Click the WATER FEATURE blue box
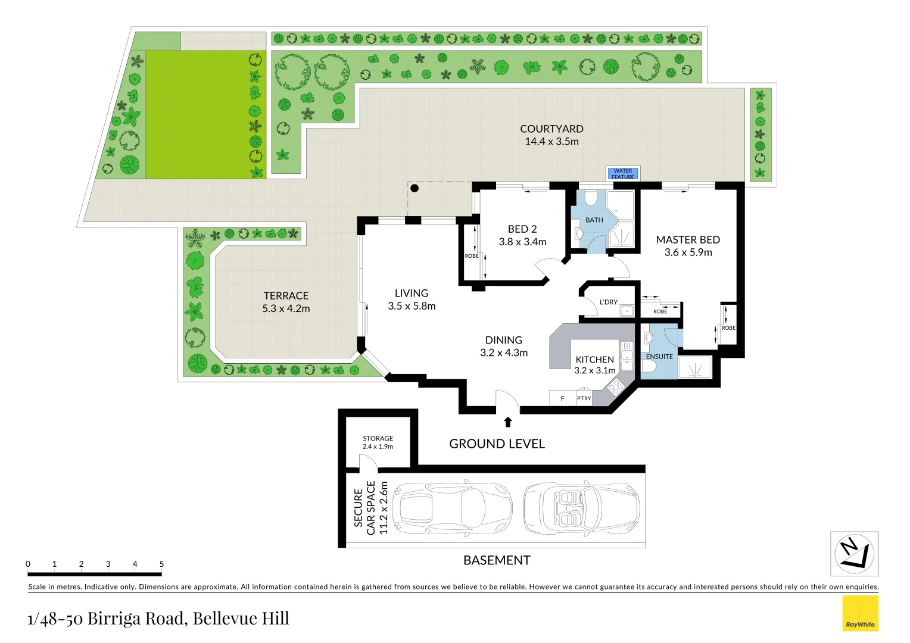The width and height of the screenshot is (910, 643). pyautogui.click(x=622, y=174)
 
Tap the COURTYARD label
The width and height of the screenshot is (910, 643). pyautogui.click(x=551, y=129)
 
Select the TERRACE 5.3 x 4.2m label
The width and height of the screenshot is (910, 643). pyautogui.click(x=286, y=302)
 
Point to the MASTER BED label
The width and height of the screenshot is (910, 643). pyautogui.click(x=688, y=240)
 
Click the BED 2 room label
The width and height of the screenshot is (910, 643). pyautogui.click(x=522, y=229)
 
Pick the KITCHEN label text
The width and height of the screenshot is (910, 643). pyautogui.click(x=594, y=360)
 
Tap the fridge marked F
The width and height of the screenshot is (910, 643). pyautogui.click(x=562, y=398)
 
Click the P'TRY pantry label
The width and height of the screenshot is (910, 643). pyautogui.click(x=584, y=398)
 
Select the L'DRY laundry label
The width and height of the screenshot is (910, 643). pyautogui.click(x=609, y=302)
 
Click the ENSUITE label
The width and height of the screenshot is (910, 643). pyautogui.click(x=659, y=357)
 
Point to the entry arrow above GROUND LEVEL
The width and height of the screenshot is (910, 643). pyautogui.click(x=508, y=422)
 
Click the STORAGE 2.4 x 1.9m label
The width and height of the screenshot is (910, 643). pyautogui.click(x=378, y=442)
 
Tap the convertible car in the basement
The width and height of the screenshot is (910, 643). pyautogui.click(x=581, y=508)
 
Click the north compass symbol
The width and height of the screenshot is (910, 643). pyautogui.click(x=854, y=554)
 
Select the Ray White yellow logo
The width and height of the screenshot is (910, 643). pyautogui.click(x=860, y=613)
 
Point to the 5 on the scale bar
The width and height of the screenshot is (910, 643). pyautogui.click(x=161, y=564)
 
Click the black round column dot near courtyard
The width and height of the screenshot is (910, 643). pyautogui.click(x=415, y=188)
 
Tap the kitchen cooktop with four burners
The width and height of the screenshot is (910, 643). pyautogui.click(x=615, y=387)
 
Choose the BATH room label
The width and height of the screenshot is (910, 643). pyautogui.click(x=594, y=220)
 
